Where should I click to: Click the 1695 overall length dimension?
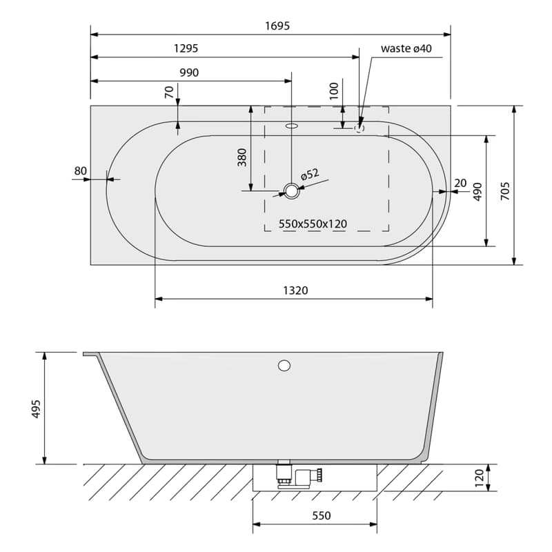pyautogui.click(x=277, y=26)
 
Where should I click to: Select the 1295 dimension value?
pyautogui.click(x=186, y=48)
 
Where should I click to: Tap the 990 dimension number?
pyautogui.click(x=189, y=72)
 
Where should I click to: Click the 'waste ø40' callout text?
pyautogui.click(x=406, y=48)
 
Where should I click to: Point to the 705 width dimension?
pyautogui.click(x=505, y=191)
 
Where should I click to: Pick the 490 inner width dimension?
pyautogui.click(x=477, y=192)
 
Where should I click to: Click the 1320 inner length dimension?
pyautogui.click(x=295, y=290)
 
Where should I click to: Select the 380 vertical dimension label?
pyautogui.click(x=242, y=157)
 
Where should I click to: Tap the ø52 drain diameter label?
pyautogui.click(x=310, y=174)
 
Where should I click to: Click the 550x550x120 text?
pyautogui.click(x=313, y=224)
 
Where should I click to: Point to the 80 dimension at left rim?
pyautogui.click(x=80, y=170)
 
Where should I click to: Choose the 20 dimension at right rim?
pyautogui.click(x=460, y=183)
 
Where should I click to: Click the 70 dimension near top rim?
pyautogui.click(x=169, y=92)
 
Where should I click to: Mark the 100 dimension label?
pyautogui.click(x=334, y=91)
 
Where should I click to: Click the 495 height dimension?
pyautogui.click(x=37, y=408)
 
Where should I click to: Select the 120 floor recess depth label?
pyautogui.click(x=480, y=477)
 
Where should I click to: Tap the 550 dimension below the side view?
pyautogui.click(x=322, y=515)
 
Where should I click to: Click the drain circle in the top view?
pyautogui.click(x=291, y=191)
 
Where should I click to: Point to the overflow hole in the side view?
pyautogui.click(x=284, y=366)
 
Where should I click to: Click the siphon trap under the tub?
pyautogui.click(x=299, y=475)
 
